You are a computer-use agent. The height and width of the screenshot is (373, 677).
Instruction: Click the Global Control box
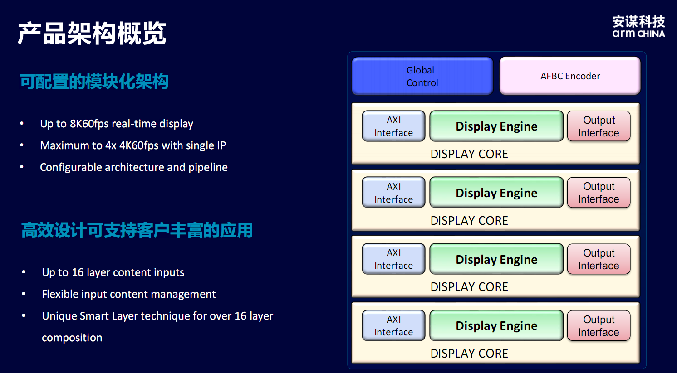pyautogui.click(x=422, y=76)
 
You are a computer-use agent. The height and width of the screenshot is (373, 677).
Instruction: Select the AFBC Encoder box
pyautogui.click(x=570, y=76)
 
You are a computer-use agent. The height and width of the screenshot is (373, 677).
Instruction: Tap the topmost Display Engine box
pyautogui.click(x=496, y=126)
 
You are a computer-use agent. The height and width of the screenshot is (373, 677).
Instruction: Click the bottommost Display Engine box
pyautogui.click(x=496, y=326)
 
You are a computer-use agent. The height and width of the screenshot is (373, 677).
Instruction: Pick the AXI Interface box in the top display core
pyautogui.click(x=393, y=126)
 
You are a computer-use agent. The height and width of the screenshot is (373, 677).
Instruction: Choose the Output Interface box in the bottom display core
pyautogui.click(x=599, y=326)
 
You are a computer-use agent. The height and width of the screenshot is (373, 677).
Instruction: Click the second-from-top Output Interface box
pyautogui.click(x=599, y=193)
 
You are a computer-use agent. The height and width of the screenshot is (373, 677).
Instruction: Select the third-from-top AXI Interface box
pyautogui.click(x=393, y=259)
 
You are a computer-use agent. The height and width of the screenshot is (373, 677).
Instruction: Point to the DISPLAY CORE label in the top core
pyautogui.click(x=469, y=154)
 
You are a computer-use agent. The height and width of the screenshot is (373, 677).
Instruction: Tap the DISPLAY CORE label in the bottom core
pyautogui.click(x=469, y=354)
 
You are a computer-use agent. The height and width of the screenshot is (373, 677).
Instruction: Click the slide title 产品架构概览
pyautogui.click(x=92, y=34)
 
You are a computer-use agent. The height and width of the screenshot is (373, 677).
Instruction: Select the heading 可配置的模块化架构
pyautogui.click(x=94, y=82)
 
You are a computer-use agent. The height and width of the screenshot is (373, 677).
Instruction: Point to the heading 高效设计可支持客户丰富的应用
pyautogui.click(x=137, y=230)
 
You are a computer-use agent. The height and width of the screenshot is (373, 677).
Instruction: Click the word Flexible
pyautogui.click(x=59, y=294)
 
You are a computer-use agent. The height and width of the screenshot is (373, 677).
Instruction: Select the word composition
pyautogui.click(x=72, y=338)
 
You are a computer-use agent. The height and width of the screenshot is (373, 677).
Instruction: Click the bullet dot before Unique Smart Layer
pyautogui.click(x=24, y=315)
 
